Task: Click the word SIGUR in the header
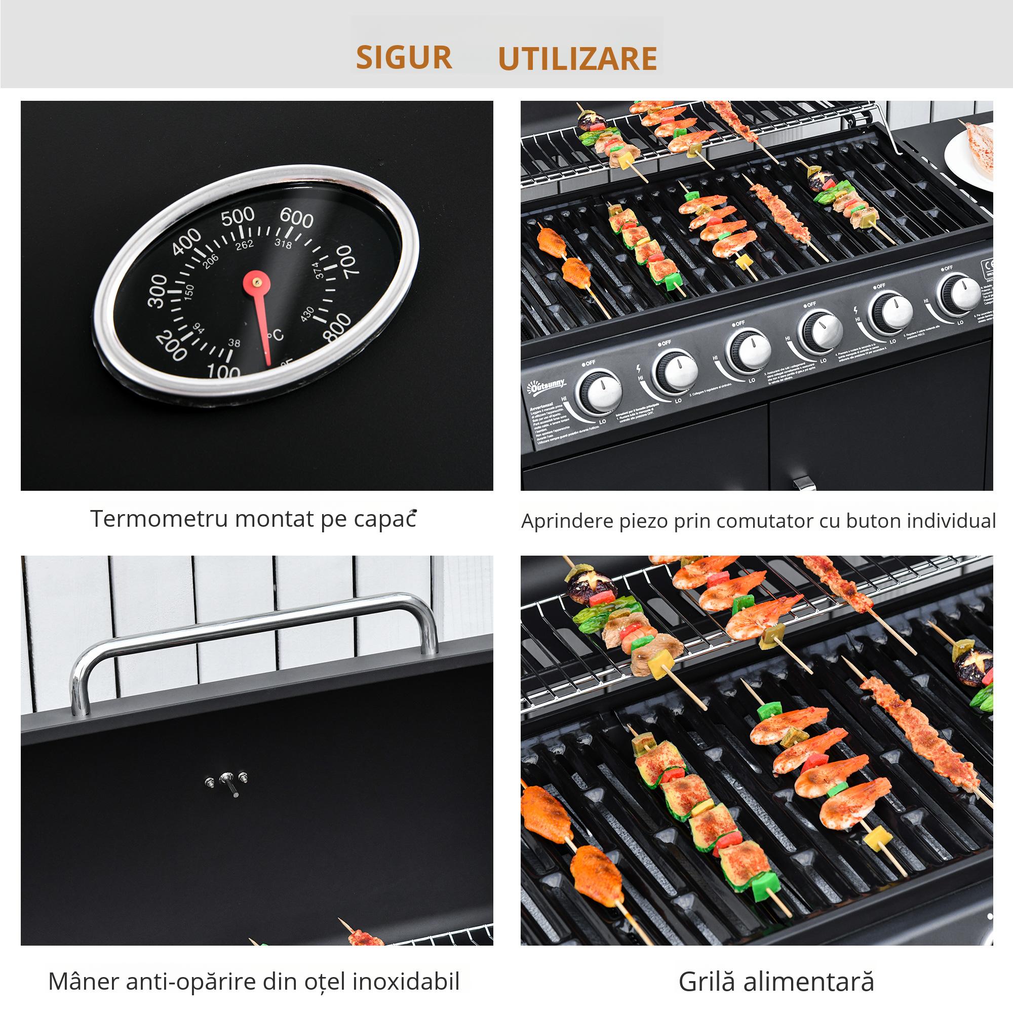pyautogui.click(x=404, y=58)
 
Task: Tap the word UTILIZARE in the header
pyautogui.click(x=577, y=59)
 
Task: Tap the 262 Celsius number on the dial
pyautogui.click(x=244, y=244)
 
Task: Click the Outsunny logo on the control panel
pyautogui.click(x=546, y=387)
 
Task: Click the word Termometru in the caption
pyautogui.click(x=159, y=519)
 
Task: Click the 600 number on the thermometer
pyautogui.click(x=297, y=218)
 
